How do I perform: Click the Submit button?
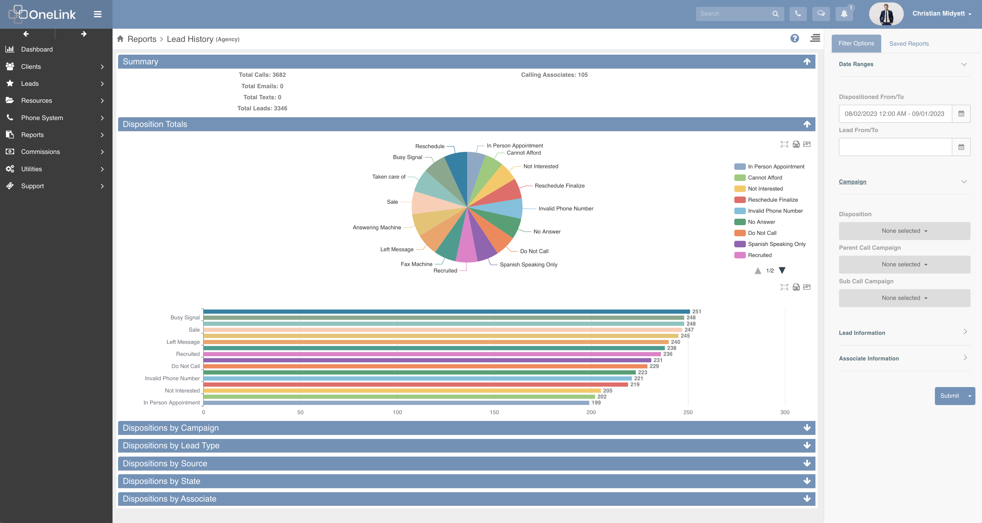pyautogui.click(x=949, y=396)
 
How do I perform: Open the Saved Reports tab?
pyautogui.click(x=909, y=44)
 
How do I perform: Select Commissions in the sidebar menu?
pyautogui.click(x=41, y=152)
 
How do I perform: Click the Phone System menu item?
pyautogui.click(x=42, y=118)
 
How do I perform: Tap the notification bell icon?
pyautogui.click(x=844, y=14)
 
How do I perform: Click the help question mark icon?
pyautogui.click(x=794, y=38)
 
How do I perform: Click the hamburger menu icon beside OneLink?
pyautogui.click(x=98, y=14)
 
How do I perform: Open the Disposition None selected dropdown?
pyautogui.click(x=904, y=231)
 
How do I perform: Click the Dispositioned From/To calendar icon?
pyautogui.click(x=961, y=113)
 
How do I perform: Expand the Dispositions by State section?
pyautogui.click(x=466, y=481)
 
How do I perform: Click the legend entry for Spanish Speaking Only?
pyautogui.click(x=776, y=244)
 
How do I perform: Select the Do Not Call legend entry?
pyautogui.click(x=762, y=233)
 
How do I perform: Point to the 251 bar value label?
pyautogui.click(x=696, y=311)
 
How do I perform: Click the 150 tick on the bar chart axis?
pyautogui.click(x=494, y=412)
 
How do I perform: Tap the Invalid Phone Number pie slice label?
pyautogui.click(x=565, y=208)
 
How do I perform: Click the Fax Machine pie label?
pyautogui.click(x=416, y=264)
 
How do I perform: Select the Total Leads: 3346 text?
pyautogui.click(x=262, y=108)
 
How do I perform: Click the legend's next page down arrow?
pyautogui.click(x=782, y=270)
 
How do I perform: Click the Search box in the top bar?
pyautogui.click(x=734, y=14)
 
